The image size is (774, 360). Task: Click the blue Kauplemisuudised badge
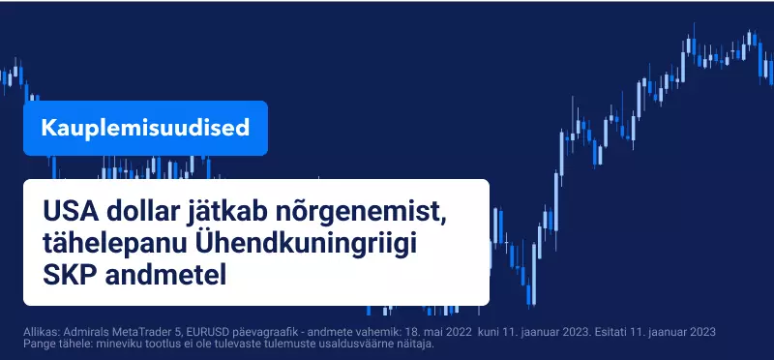[145, 128]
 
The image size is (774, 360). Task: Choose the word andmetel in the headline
[165, 276]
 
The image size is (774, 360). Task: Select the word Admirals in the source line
[74, 332]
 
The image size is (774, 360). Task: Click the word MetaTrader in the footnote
[115, 332]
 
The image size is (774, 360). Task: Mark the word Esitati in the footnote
[609, 332]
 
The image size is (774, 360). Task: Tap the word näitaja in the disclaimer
[418, 344]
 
